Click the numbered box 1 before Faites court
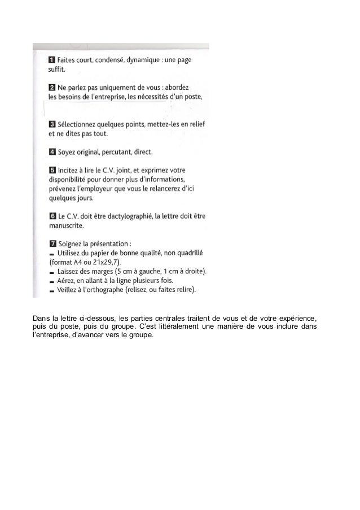51,60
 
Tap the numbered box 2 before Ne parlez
51,88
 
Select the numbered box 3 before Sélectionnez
51,124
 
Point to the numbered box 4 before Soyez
51,152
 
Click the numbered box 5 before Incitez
51,170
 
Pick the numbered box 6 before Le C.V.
51,216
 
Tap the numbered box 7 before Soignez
51,243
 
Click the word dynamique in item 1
143,60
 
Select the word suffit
56,70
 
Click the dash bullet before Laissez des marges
52,272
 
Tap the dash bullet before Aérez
52,281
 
